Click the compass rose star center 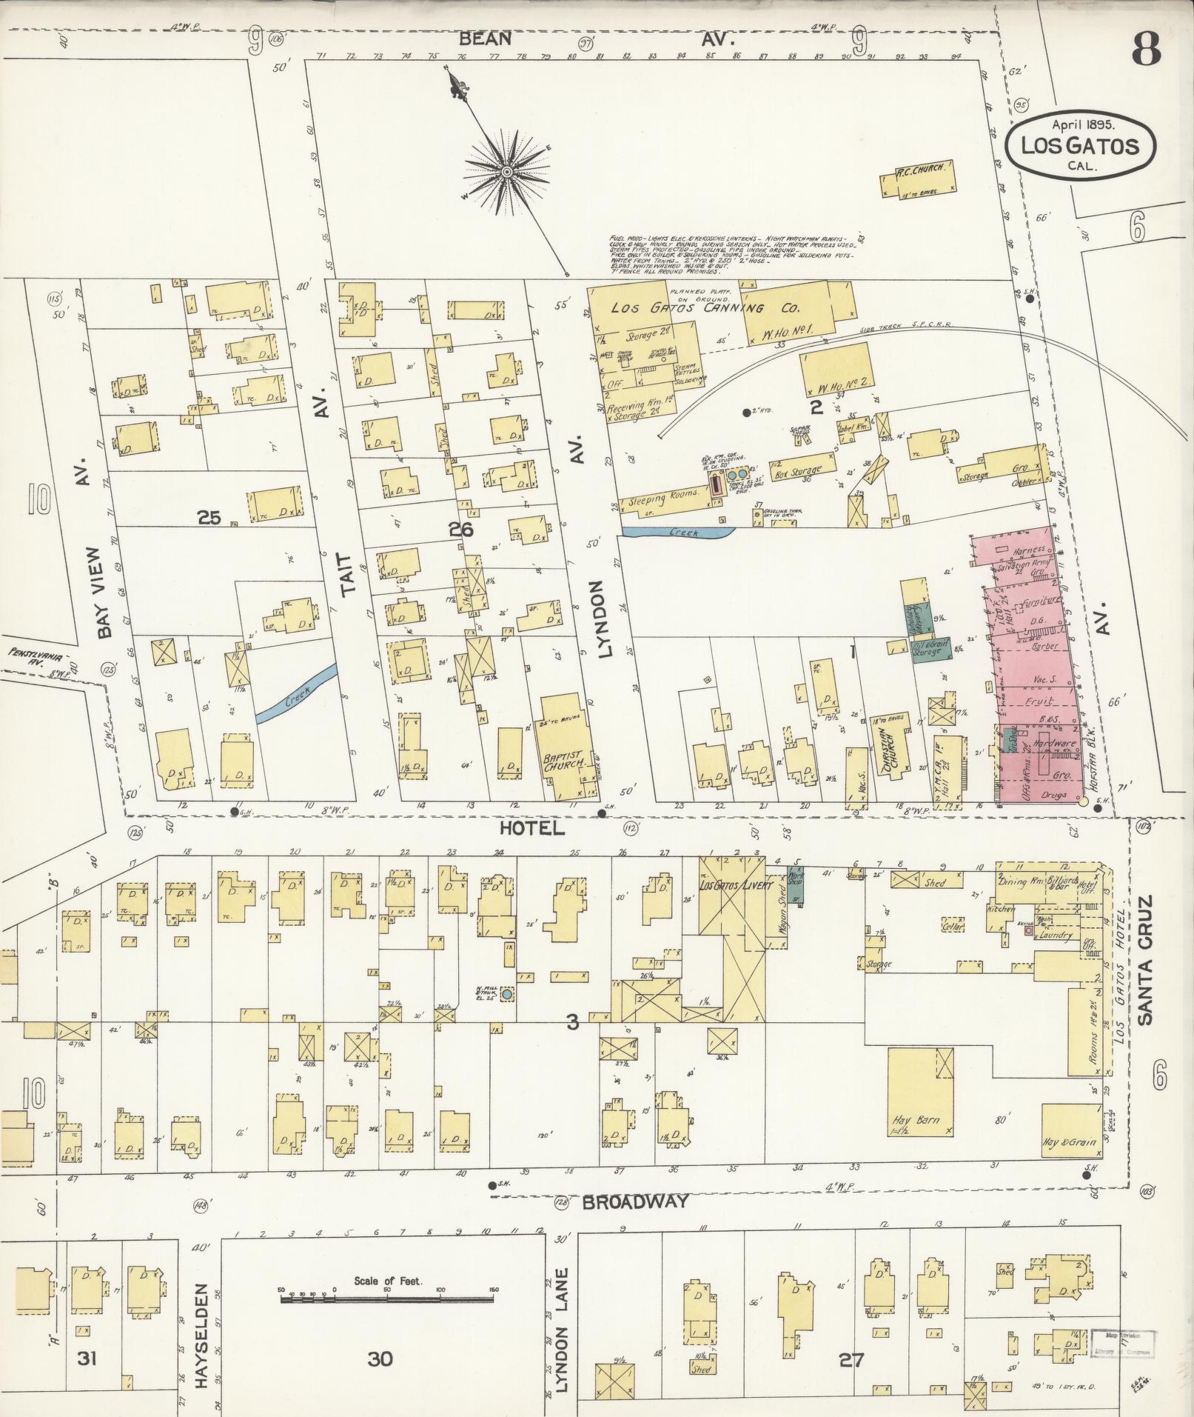point(508,172)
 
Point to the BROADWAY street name point(636,1202)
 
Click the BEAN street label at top point(484,39)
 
